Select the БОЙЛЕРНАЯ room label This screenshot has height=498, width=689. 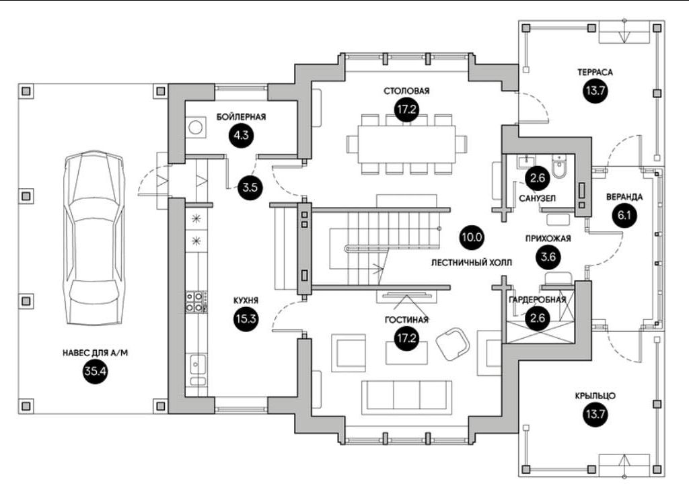coord(241,116)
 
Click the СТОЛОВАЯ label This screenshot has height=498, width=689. coord(406,91)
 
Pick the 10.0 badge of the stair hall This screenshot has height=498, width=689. coord(472,236)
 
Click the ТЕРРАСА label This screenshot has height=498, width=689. coord(595,71)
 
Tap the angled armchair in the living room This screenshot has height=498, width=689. coord(451,343)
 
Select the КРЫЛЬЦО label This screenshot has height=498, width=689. coord(595,396)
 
